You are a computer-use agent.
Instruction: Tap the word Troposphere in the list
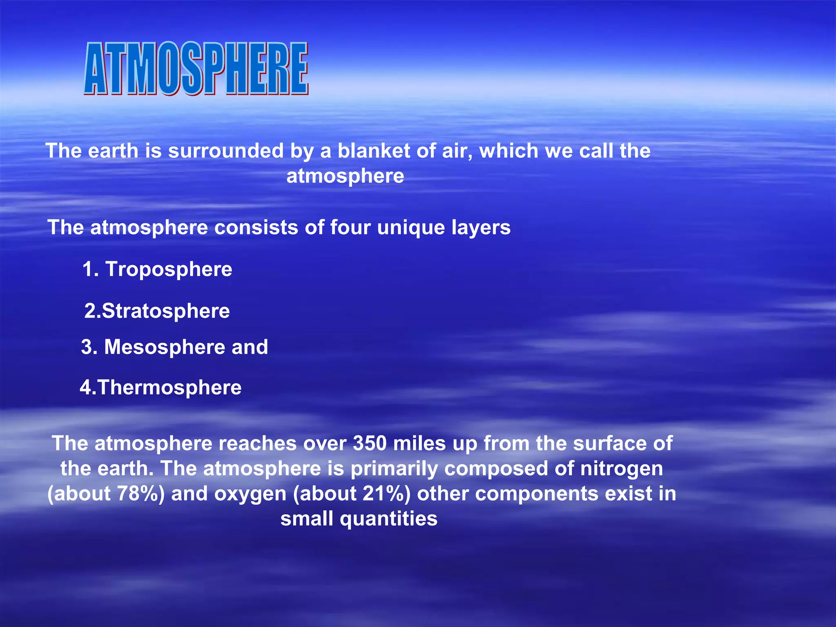(169, 269)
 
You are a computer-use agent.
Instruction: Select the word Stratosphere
(166, 311)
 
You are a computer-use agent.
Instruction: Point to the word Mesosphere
(165, 347)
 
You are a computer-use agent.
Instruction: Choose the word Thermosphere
(170, 387)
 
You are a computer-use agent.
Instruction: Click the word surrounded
(226, 151)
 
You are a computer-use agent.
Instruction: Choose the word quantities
(388, 519)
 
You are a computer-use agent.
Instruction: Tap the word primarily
(394, 469)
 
